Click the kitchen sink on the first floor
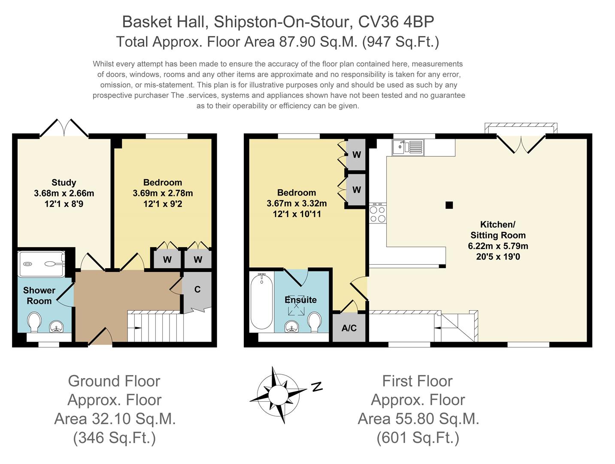[408, 147]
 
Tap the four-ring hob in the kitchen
[378, 214]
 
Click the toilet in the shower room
[35, 321]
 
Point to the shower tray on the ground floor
[42, 264]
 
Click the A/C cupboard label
[349, 328]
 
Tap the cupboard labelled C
[197, 290]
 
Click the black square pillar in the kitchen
[449, 205]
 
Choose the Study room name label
[64, 183]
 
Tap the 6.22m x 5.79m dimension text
[498, 246]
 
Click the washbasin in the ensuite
[292, 327]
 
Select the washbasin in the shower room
[57, 327]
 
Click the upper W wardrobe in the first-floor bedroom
[356, 155]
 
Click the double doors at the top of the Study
[64, 128]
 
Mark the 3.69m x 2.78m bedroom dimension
[163, 193]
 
